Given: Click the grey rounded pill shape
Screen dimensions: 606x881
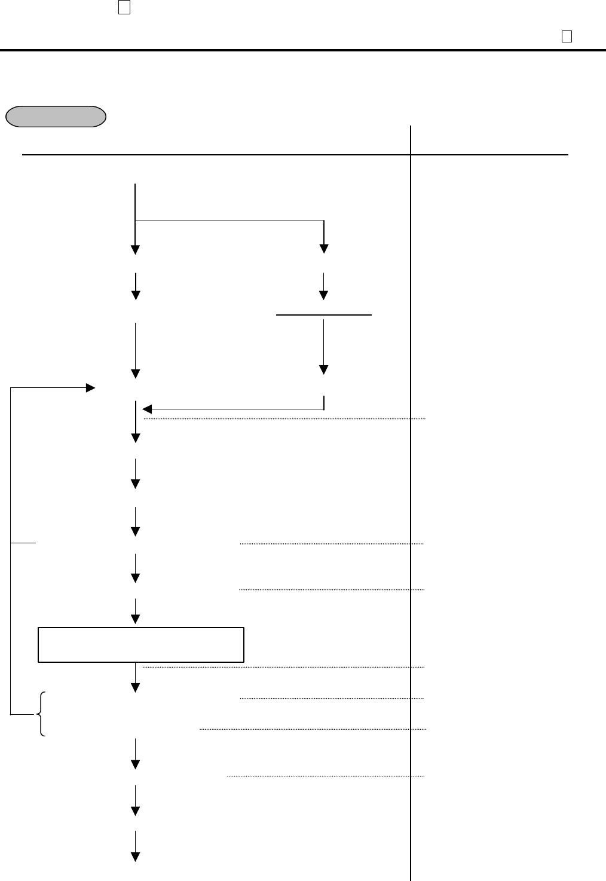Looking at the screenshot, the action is coord(56,117).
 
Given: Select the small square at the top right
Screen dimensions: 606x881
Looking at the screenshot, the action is coord(567,36).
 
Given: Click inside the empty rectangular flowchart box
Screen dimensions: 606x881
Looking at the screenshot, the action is coord(141,644).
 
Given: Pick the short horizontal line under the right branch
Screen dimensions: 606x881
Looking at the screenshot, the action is coord(323,314).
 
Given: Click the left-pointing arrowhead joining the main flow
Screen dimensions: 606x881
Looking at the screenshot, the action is coord(147,409).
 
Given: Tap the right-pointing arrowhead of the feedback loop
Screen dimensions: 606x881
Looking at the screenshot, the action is coord(91,389).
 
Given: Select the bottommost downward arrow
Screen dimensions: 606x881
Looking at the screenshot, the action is coord(136,846).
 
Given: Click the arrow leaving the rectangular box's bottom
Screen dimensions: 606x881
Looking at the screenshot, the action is coord(136,678).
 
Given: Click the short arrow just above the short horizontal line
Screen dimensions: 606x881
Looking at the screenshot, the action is coord(323,287).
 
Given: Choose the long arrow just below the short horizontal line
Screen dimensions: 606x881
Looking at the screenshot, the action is coord(323,347).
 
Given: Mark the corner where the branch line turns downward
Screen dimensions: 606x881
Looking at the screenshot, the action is coord(323,222).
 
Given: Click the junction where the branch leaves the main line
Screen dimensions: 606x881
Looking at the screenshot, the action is coord(136,222).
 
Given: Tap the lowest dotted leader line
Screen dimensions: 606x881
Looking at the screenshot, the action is coord(326,776).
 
